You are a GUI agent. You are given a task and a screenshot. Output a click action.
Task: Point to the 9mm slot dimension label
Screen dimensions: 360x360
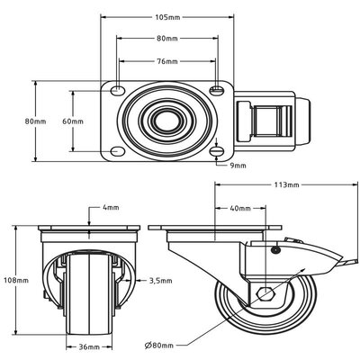coord(238,166)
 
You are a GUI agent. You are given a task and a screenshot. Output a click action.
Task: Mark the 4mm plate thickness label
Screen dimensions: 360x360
coord(110,208)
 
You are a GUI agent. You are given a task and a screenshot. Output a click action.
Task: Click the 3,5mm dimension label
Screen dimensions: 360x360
coord(162,281)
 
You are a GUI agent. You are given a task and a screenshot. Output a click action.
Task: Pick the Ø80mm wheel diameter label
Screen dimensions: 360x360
coord(186,344)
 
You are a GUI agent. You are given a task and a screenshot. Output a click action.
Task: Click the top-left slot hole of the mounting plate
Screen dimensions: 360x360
coord(119,89)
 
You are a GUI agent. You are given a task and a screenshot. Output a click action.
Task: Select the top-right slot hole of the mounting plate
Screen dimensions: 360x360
coord(216,89)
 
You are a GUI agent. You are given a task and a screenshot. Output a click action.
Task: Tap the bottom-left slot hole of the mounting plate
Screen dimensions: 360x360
coord(119,150)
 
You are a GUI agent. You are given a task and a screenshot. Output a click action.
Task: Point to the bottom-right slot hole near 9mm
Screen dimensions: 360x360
coord(216,150)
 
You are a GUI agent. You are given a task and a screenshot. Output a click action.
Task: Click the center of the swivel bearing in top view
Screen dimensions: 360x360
coord(167,120)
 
